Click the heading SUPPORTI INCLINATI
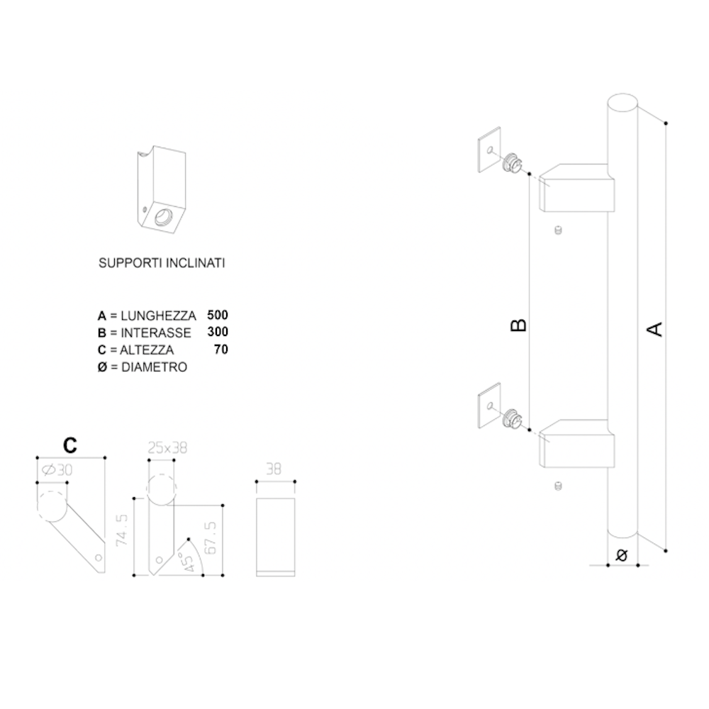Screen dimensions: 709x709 point(162,263)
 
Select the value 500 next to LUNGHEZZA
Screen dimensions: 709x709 point(218,315)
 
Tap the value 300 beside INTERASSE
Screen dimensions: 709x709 point(218,332)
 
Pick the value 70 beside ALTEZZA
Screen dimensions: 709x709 point(221,349)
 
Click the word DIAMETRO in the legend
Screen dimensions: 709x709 point(154,367)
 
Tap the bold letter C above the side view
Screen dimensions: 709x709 point(70,445)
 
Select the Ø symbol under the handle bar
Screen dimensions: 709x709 point(623,554)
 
